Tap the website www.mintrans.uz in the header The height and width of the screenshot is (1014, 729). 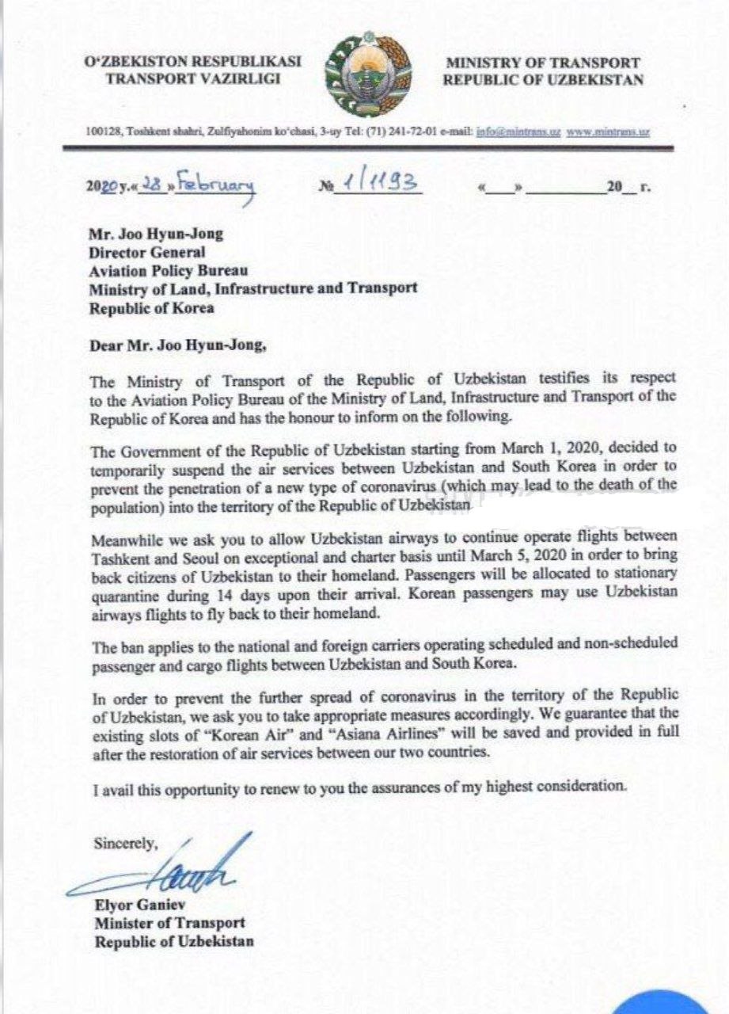(x=608, y=132)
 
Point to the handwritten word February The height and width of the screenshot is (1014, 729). (x=215, y=185)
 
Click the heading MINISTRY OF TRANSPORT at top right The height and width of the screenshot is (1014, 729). (x=542, y=63)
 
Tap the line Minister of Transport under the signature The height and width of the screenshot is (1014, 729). (x=169, y=923)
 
